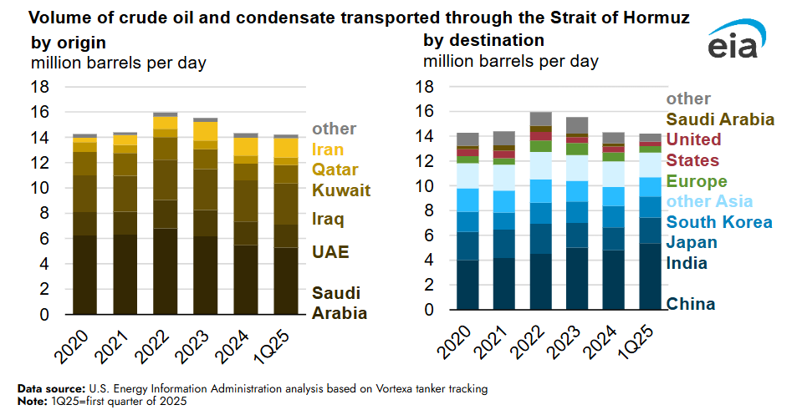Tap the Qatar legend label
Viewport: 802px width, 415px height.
click(x=336, y=170)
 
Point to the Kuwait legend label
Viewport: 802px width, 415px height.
click(x=341, y=190)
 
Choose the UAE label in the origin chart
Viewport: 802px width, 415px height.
click(x=330, y=252)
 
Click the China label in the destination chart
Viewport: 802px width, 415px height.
click(x=691, y=303)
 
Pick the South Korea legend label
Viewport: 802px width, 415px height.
click(x=718, y=222)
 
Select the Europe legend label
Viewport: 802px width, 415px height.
click(x=697, y=181)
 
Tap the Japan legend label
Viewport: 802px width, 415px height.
click(x=691, y=242)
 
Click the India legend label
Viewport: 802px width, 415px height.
click(x=687, y=263)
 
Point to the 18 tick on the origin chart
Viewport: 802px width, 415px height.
click(x=40, y=87)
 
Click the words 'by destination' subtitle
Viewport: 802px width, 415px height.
click(x=483, y=40)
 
